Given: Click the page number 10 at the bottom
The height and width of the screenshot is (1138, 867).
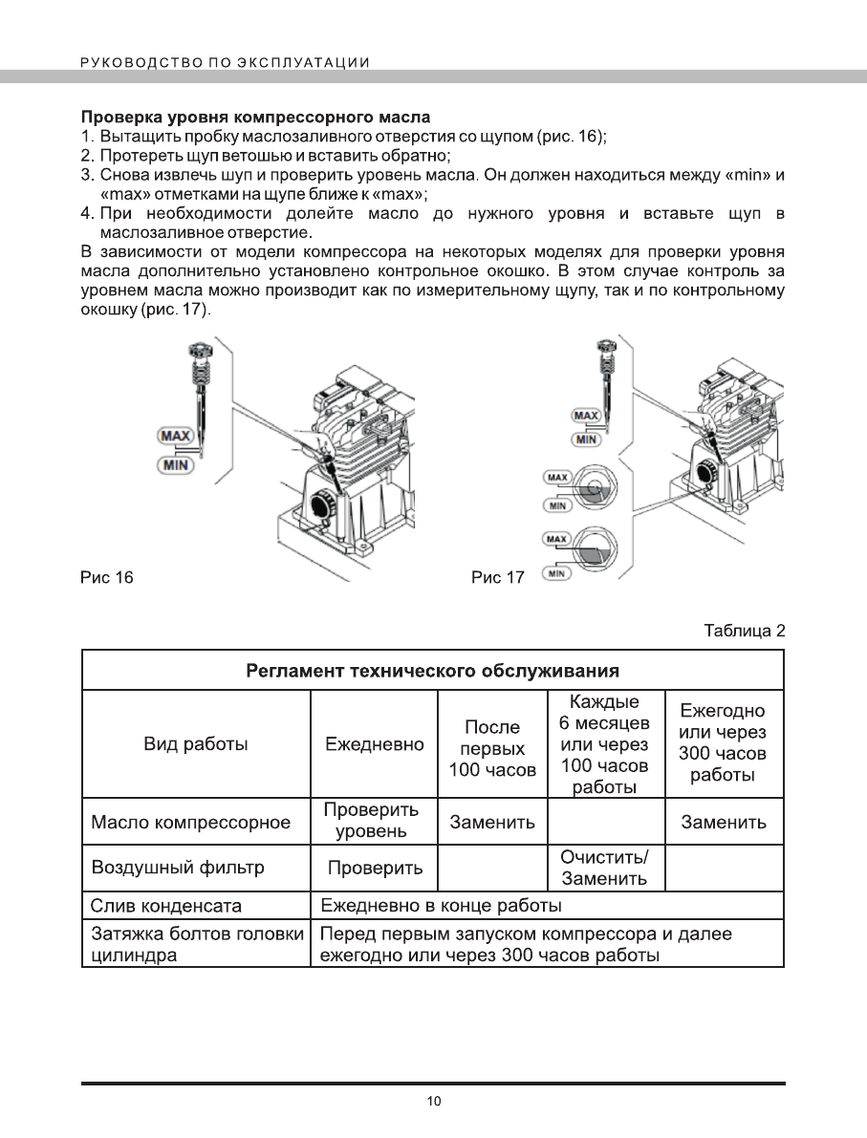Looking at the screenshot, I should tap(433, 1102).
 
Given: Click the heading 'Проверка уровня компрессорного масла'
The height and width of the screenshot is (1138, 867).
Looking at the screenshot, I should tap(253, 118).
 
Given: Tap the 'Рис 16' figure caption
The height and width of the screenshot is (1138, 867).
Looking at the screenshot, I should tap(107, 577).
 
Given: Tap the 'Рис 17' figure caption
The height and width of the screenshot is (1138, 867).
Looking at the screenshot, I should tap(498, 578).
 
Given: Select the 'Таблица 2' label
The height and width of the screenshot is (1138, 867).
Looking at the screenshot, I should tap(744, 631).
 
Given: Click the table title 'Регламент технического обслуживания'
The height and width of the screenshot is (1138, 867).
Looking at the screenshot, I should tap(432, 669).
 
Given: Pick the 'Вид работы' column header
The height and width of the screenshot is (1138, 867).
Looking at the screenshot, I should tap(195, 744).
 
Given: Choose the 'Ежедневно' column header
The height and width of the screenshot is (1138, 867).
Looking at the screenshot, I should tap(374, 744).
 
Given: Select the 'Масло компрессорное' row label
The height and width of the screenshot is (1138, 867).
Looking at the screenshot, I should tap(190, 822).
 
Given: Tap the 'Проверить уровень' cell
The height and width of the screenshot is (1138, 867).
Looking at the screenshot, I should tap(372, 821).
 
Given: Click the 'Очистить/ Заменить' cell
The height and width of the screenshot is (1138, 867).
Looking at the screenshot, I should tap(604, 868).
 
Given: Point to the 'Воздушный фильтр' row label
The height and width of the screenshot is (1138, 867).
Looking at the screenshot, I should tap(177, 868).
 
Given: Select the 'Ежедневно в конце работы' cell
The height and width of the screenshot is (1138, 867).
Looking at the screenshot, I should tap(441, 905).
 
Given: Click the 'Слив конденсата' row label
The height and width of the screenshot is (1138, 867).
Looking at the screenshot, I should tap(165, 905).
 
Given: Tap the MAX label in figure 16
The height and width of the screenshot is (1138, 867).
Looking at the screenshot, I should tap(175, 437).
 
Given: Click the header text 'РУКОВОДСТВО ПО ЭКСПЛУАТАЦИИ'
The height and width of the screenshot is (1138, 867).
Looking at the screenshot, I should tap(225, 63).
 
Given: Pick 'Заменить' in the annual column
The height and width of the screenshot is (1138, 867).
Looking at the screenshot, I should tap(724, 822).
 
